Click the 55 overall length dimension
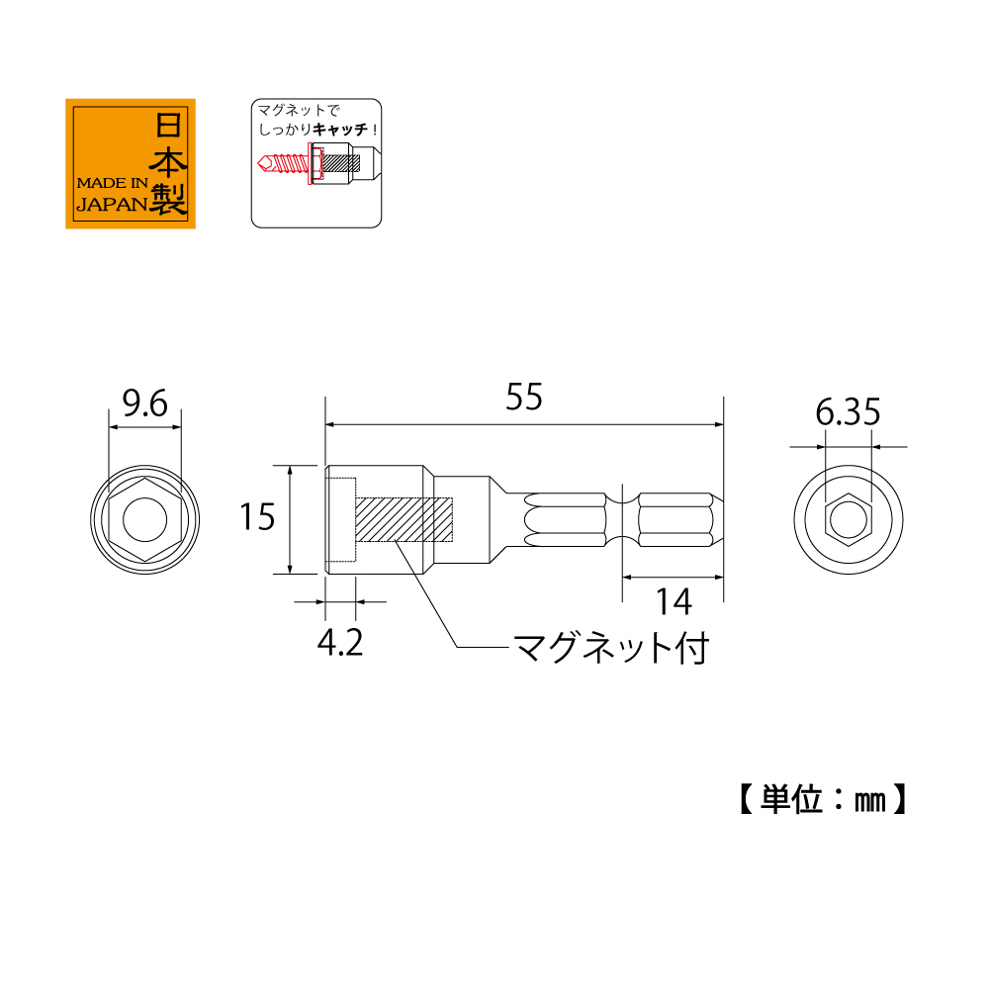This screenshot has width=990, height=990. [x=524, y=398]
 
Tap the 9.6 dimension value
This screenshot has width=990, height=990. [x=144, y=404]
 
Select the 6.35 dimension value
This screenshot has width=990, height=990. [x=848, y=412]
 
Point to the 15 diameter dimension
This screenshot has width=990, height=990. [x=257, y=517]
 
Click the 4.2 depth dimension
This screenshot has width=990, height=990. [x=340, y=644]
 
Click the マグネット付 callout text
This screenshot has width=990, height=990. [x=611, y=648]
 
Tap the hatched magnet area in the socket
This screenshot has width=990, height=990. [x=405, y=519]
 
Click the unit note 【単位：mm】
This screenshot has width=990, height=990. [x=823, y=799]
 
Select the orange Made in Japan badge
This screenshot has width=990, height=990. [x=131, y=163]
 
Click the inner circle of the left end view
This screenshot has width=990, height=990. [x=144, y=520]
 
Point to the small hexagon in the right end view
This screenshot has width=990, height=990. [x=848, y=520]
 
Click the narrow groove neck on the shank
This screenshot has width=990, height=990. [x=622, y=520]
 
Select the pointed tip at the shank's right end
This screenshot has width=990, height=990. [x=722, y=520]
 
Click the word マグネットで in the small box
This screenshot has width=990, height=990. [x=299, y=111]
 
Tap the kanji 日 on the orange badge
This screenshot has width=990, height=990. [x=168, y=125]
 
